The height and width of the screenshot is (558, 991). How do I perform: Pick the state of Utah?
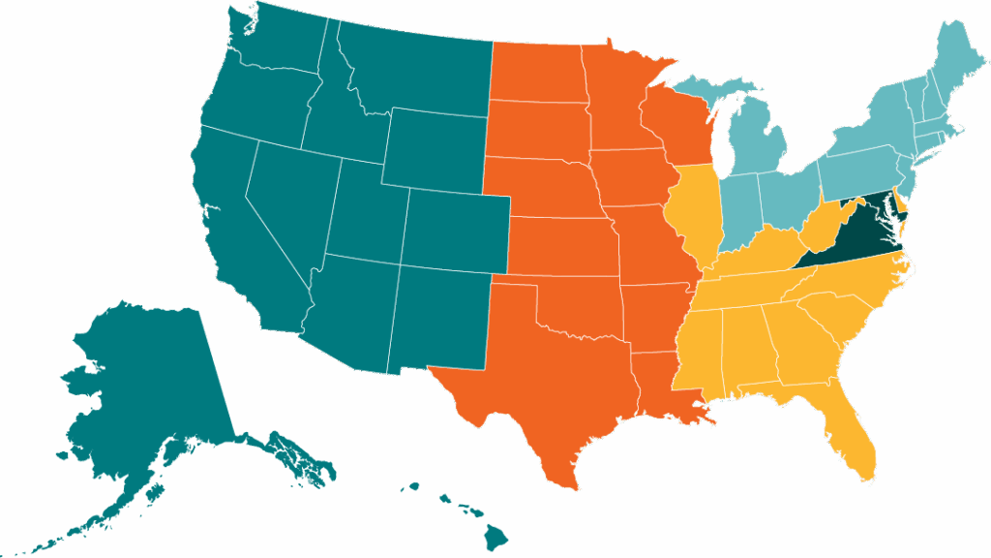pyautogui.click(x=368, y=213)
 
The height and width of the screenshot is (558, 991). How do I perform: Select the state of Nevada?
pyautogui.click(x=290, y=203)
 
